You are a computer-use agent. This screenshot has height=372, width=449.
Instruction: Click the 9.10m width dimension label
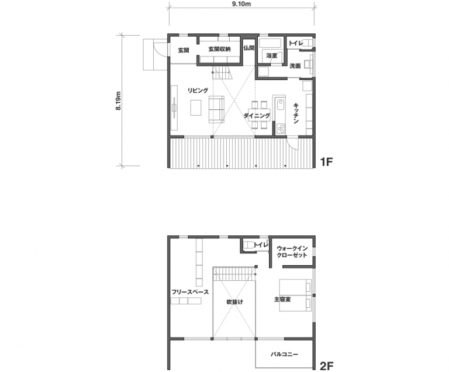[x=242, y=4]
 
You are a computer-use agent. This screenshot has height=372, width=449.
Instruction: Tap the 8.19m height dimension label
[x=119, y=100]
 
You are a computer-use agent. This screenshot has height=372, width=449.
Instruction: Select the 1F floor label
[x=326, y=162]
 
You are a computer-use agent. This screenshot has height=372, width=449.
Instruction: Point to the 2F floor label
[x=326, y=366]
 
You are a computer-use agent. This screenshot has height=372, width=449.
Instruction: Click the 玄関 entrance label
[x=184, y=50]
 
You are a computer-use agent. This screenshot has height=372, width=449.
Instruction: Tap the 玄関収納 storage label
[x=219, y=49]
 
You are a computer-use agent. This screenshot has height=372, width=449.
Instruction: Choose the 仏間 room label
[x=249, y=48]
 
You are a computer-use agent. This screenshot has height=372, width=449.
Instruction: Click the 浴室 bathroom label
[x=272, y=55]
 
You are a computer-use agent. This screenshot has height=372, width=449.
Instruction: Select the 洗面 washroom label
[x=295, y=66]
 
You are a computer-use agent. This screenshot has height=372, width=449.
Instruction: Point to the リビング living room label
[x=198, y=91]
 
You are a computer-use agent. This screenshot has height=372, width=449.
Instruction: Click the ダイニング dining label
[x=257, y=116]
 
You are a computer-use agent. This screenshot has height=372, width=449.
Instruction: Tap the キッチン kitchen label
[x=296, y=113]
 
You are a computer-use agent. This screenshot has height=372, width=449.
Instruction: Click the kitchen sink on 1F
[x=280, y=106]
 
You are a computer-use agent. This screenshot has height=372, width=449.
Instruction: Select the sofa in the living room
[x=216, y=110]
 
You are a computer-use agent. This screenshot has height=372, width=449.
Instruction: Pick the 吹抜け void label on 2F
[x=235, y=302]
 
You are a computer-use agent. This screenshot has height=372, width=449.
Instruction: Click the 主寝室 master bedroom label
[x=282, y=300]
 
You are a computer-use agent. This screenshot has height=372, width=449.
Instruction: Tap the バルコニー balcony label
[x=284, y=354]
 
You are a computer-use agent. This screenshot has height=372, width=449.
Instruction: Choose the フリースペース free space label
[x=190, y=292]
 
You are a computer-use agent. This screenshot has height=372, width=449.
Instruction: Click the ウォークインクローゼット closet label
[x=292, y=252]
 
